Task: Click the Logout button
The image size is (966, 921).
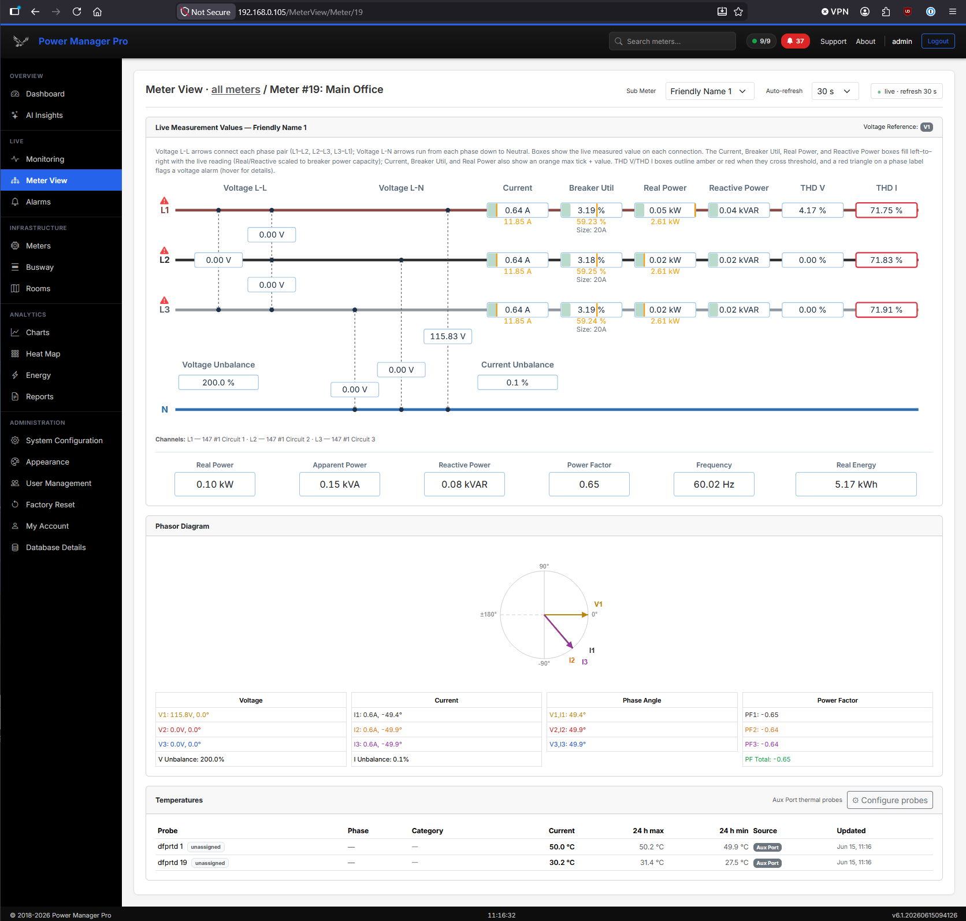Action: (x=938, y=41)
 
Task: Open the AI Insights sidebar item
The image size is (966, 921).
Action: (x=44, y=115)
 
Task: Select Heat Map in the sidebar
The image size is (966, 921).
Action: (x=43, y=354)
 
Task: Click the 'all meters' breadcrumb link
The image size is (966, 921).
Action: (x=236, y=90)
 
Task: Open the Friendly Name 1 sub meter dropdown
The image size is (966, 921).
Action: (x=709, y=91)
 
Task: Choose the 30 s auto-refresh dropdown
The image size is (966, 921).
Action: (x=835, y=91)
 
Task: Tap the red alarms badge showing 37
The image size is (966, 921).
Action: (x=795, y=41)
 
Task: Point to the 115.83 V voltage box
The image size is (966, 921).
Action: (x=448, y=336)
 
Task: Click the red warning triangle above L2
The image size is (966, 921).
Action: (x=165, y=250)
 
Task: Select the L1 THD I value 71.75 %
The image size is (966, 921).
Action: (x=886, y=210)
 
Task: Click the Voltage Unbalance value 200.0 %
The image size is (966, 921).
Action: (x=218, y=382)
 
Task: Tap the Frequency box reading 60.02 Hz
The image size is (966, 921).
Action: (x=714, y=484)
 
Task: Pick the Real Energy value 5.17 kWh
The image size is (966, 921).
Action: (x=856, y=484)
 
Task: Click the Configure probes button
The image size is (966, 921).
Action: (x=890, y=800)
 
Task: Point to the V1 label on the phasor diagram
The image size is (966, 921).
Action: (x=599, y=604)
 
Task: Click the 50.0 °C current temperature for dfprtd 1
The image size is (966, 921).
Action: (x=562, y=847)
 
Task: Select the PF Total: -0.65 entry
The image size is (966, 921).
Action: (x=768, y=759)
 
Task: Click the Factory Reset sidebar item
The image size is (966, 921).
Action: (x=50, y=504)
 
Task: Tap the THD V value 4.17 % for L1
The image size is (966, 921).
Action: (x=812, y=210)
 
